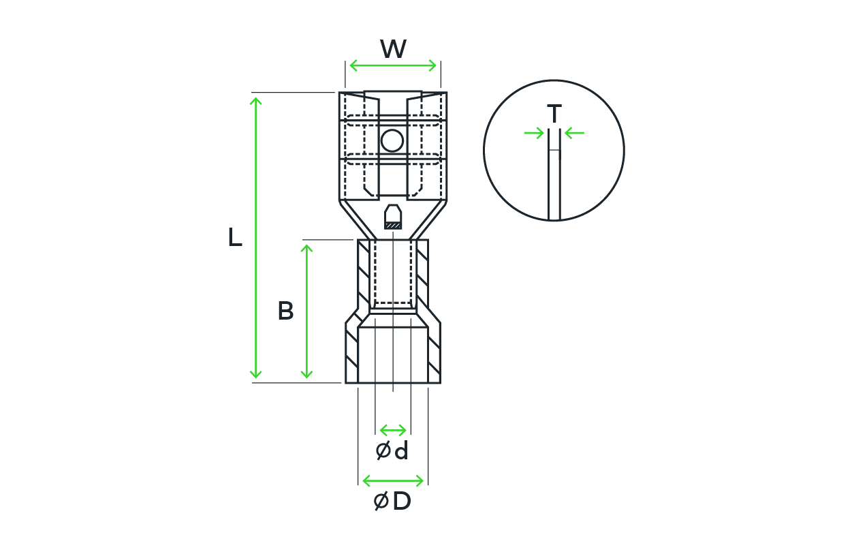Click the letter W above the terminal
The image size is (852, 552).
coord(393,49)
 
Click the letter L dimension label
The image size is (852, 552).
coord(235,237)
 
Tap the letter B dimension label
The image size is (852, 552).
coord(285,311)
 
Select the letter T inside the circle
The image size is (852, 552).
coord(554,113)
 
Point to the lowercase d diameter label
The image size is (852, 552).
coord(402,450)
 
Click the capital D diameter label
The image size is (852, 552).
coord(402,501)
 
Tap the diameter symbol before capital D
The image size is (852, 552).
coord(381,501)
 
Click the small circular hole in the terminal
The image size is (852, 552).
coord(392,140)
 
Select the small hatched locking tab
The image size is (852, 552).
coord(393,217)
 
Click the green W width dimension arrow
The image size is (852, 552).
coord(393,65)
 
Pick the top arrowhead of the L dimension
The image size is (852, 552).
coord(255,102)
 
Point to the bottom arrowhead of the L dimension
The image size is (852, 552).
coord(255,374)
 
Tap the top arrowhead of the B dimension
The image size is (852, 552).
coord(306,248)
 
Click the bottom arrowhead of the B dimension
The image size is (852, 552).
coord(306,374)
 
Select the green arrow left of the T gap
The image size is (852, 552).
coord(534,134)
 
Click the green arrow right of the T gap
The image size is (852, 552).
coord(574,134)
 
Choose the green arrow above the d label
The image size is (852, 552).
coord(393,431)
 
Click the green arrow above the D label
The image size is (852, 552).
coord(393,481)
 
